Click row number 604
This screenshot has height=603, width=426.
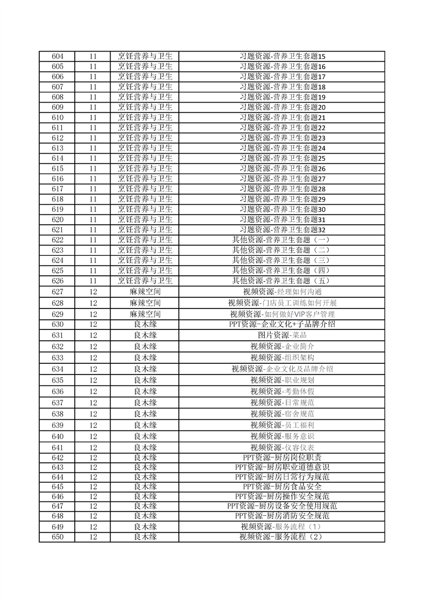coord(57,56)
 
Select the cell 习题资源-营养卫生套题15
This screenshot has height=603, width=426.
coord(283,56)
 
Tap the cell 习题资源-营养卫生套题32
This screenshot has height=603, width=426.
coord(283,230)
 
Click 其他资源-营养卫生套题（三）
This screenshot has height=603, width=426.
coord(283,260)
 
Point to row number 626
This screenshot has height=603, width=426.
coord(57,281)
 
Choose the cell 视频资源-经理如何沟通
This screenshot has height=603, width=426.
coord(283,291)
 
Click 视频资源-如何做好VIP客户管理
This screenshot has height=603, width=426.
coord(283,314)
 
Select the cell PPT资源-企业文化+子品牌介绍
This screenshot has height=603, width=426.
coord(283,324)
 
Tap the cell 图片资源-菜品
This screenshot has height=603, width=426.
coord(283,335)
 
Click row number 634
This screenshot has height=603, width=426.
coord(57,369)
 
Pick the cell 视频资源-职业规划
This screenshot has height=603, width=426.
coord(283,380)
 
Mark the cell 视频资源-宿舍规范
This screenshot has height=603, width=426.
coord(283,414)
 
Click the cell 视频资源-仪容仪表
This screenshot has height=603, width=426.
coord(283,448)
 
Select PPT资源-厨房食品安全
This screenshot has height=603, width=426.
coord(283,486)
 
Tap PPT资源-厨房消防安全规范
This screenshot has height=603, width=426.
coord(283,516)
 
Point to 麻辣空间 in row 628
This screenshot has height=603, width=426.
coord(145,303)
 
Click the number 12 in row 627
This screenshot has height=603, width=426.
coord(93,291)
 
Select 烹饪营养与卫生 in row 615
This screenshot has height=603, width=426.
coord(145,168)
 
